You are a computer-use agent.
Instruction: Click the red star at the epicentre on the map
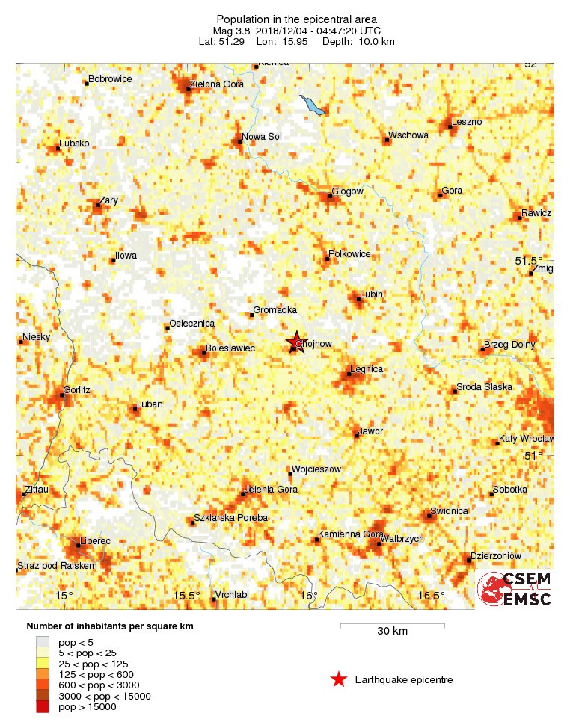point(295,342)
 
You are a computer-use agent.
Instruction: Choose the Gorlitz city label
point(77,390)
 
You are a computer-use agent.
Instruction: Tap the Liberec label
point(95,540)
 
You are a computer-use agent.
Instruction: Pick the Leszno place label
point(468,121)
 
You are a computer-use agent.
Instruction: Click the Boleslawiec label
point(230,348)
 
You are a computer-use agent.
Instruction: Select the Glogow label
point(347,191)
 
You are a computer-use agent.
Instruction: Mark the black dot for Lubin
point(358,300)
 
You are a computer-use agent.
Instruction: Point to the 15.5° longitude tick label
point(186,596)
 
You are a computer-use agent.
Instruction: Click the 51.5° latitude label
point(529,261)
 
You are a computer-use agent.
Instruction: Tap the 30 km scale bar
point(392,624)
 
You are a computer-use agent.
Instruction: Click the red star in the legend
point(339,679)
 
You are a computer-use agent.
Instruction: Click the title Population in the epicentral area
point(296,19)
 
